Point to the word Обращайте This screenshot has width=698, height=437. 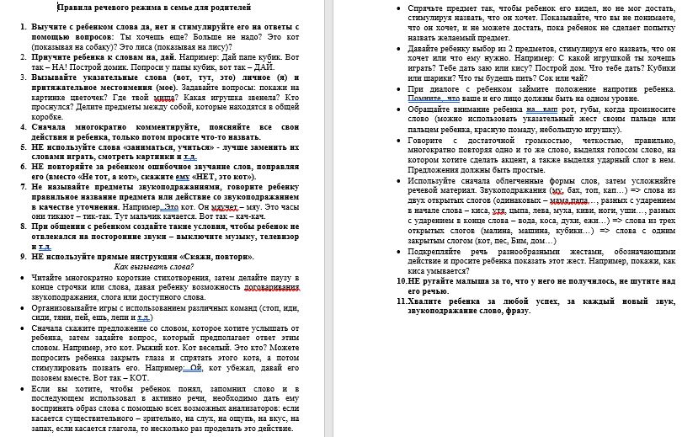pos(434,110)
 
